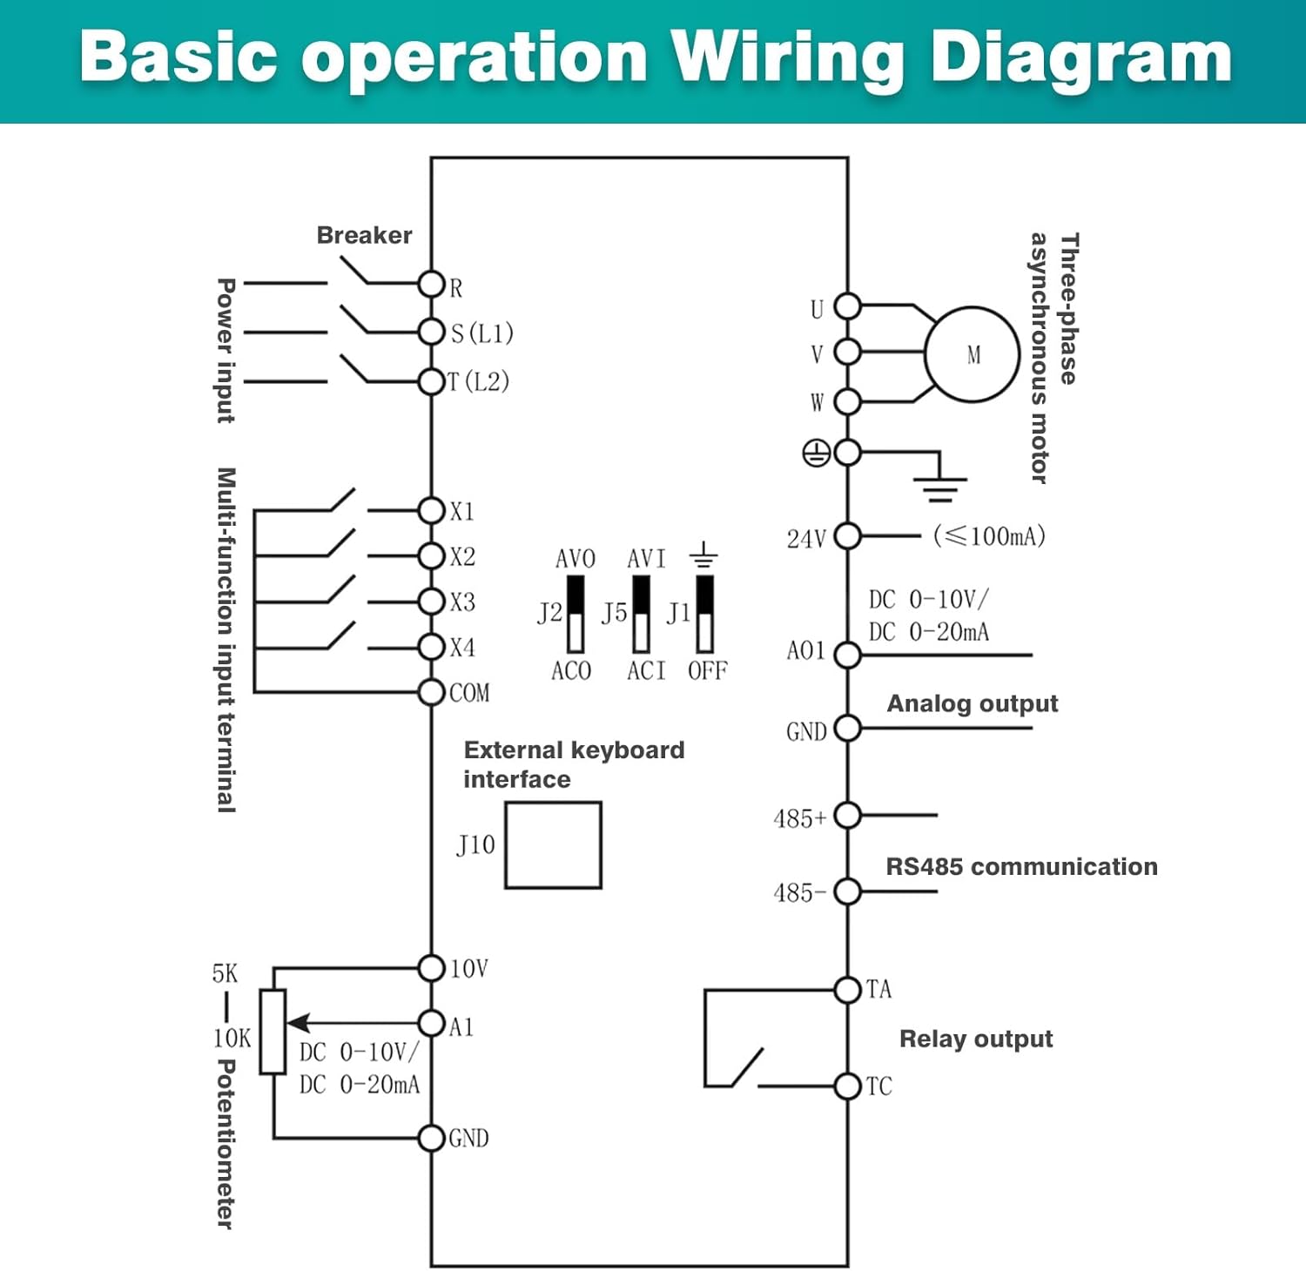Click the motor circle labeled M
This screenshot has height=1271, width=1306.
972,354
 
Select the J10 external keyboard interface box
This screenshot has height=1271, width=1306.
553,845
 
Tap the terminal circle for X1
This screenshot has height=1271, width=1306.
432,510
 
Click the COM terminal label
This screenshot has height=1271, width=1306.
469,693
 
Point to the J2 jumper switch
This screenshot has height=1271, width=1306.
575,615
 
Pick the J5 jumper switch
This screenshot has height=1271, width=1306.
641,615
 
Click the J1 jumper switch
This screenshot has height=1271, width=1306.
704,615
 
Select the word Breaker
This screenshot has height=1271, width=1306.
364,235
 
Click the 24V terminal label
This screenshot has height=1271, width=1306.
806,539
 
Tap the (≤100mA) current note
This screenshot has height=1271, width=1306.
989,535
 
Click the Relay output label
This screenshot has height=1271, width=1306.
976,1039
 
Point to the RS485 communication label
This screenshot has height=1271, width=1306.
1021,866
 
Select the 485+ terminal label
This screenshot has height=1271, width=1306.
799,818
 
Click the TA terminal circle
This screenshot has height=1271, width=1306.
847,990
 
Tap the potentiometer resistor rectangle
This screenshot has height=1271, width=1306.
273,1032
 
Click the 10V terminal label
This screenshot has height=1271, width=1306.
468,969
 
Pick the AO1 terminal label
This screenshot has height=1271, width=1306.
805,651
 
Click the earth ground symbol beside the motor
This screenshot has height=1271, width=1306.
939,488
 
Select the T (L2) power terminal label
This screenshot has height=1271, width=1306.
478,381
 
